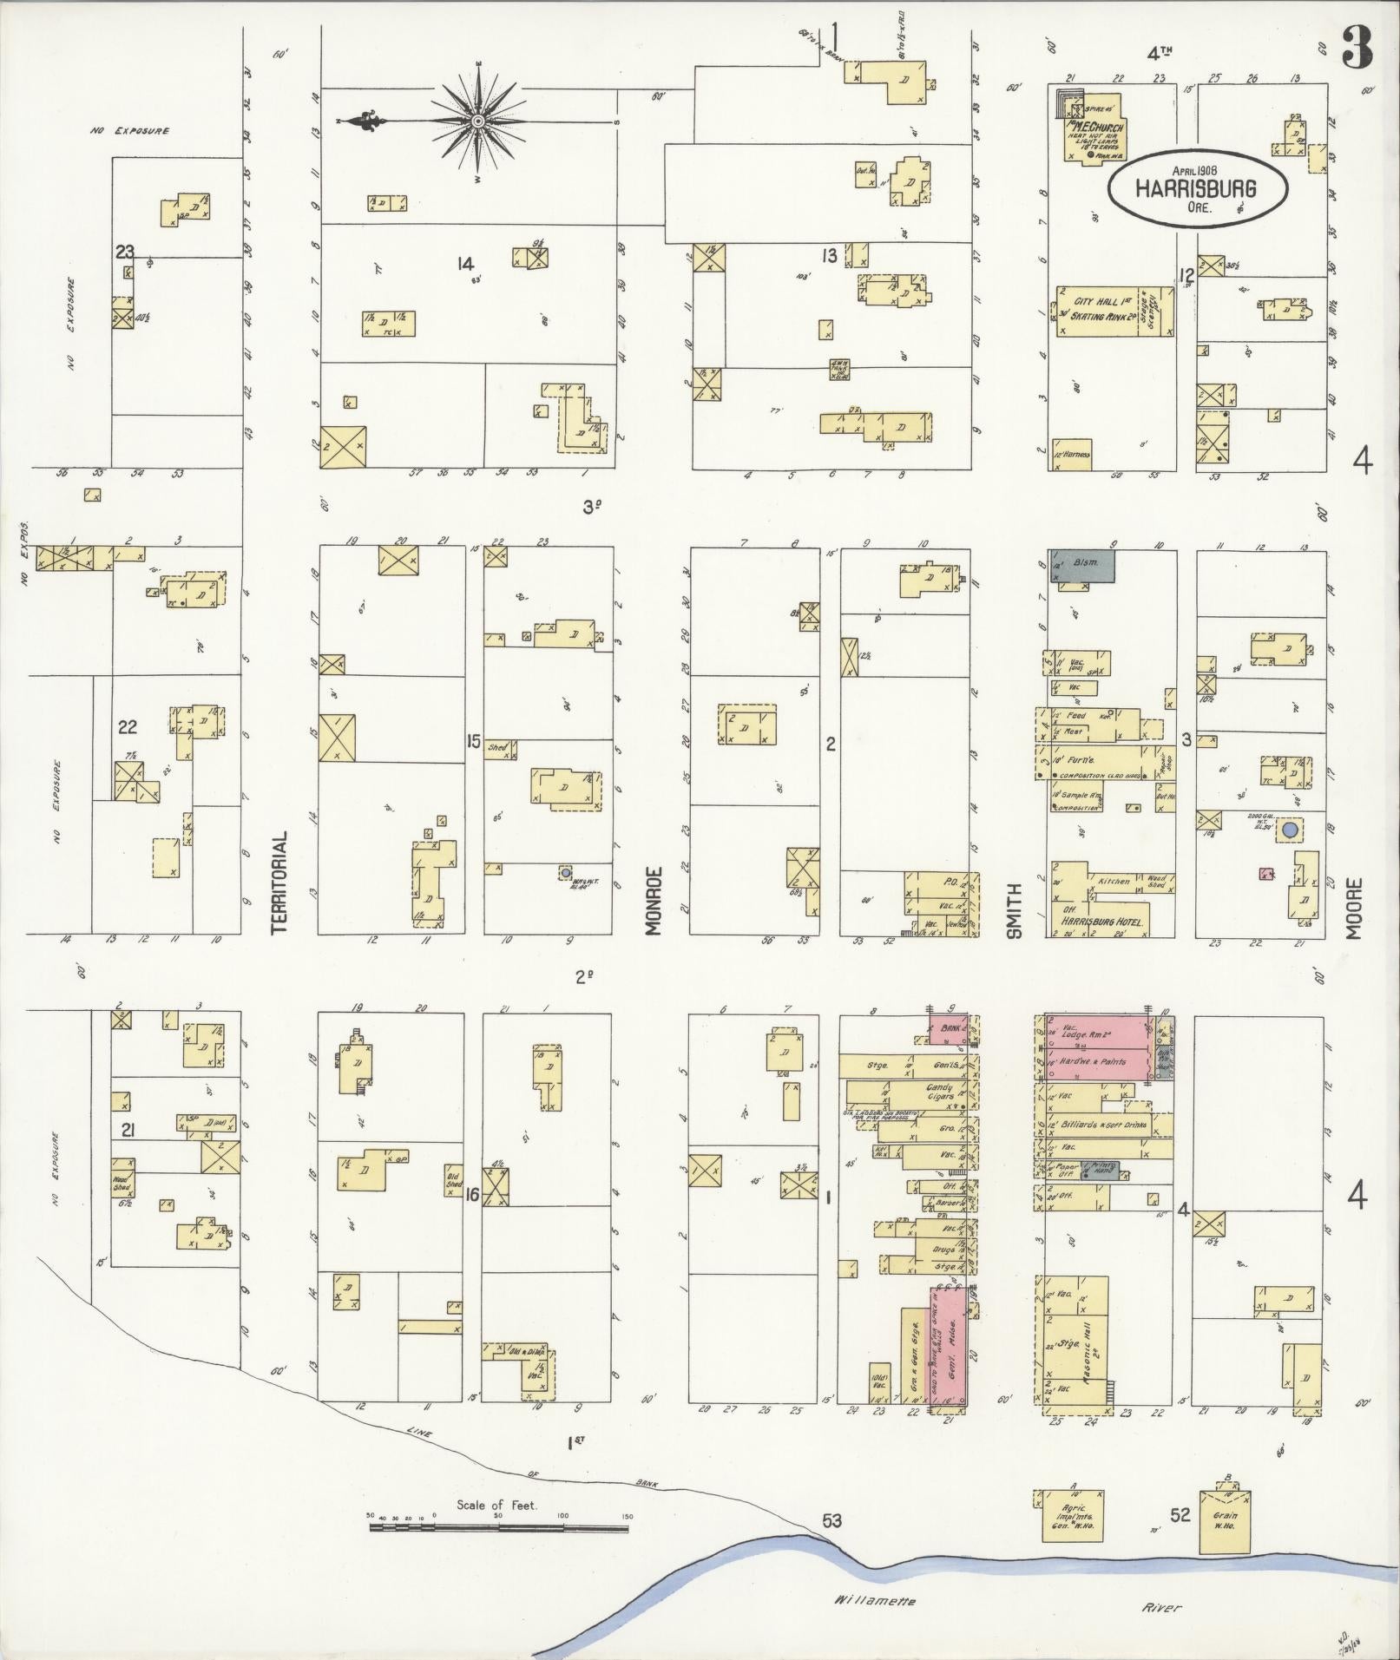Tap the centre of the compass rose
(477, 120)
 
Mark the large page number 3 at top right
(1357, 49)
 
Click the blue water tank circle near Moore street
(1290, 830)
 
